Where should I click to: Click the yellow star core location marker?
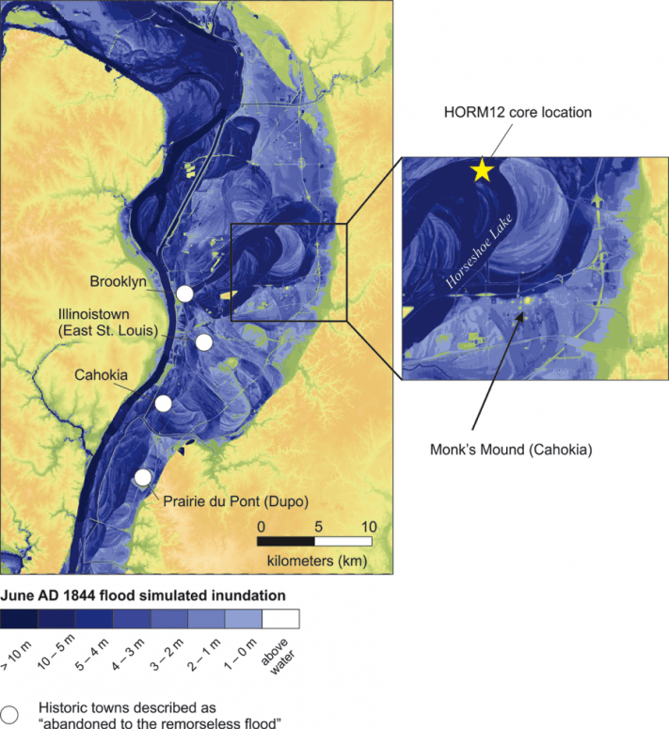tap(482, 169)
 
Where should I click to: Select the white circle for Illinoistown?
tap(204, 342)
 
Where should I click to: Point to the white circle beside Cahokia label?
tap(164, 404)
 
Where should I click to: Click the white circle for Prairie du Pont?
tap(142, 478)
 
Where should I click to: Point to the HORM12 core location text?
tap(518, 113)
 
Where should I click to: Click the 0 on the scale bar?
tap(262, 526)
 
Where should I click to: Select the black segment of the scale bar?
tap(287, 542)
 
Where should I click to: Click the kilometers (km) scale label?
tap(313, 562)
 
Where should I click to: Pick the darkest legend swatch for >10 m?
tap(19, 618)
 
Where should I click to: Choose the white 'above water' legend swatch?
tap(280, 618)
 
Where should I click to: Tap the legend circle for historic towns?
tap(10, 712)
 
